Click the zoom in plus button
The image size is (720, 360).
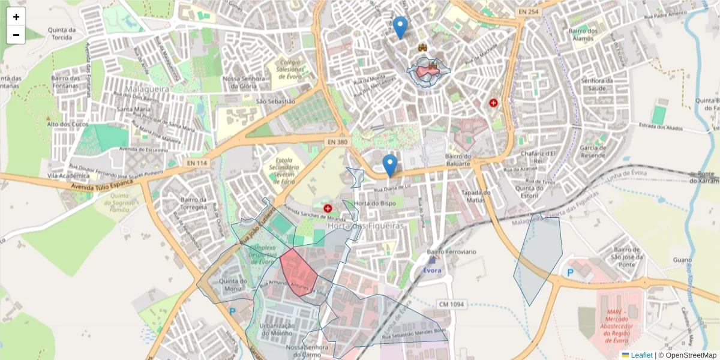(16, 17)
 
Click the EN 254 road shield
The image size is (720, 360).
(528, 12)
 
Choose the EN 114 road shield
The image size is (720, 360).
(197, 163)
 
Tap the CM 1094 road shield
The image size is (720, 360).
(451, 304)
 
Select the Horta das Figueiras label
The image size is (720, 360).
(365, 226)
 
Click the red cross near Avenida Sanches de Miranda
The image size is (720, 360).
(328, 208)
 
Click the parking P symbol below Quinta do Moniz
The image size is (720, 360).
(232, 311)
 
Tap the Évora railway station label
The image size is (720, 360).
(432, 270)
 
